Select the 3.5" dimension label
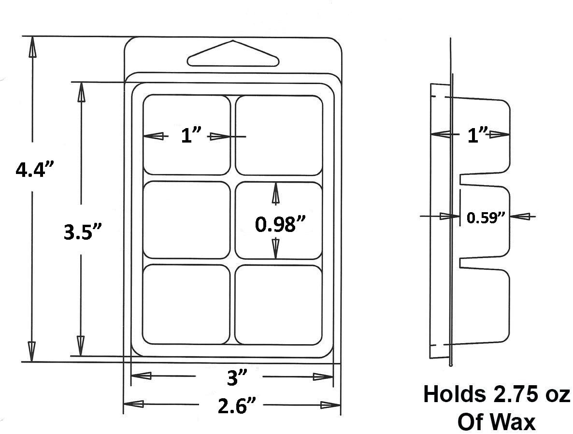(81, 233)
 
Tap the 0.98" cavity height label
(281, 224)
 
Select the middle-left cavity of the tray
(186, 220)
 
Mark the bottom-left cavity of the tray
(186, 304)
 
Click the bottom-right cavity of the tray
(279, 304)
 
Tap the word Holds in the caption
(453, 394)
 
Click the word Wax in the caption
(516, 422)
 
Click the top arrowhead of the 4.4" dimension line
(32, 46)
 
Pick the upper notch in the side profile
(483, 179)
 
